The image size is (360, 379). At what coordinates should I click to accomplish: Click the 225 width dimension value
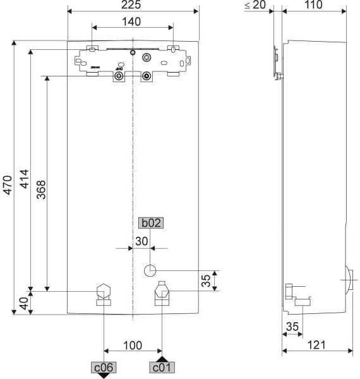132,5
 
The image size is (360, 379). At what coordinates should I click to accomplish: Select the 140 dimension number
131,21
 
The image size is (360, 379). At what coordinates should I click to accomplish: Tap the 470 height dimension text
7,184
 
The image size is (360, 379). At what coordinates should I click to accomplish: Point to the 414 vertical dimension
23,184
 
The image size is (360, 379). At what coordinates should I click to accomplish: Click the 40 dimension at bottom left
23,303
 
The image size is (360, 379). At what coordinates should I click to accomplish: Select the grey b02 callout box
151,222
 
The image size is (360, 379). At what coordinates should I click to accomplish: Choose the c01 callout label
162,367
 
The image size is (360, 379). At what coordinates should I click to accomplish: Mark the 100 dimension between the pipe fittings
132,346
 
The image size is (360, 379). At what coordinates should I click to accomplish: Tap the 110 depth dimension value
312,5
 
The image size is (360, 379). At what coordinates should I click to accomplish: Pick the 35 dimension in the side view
292,327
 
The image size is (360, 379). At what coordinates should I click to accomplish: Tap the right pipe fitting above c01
162,293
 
